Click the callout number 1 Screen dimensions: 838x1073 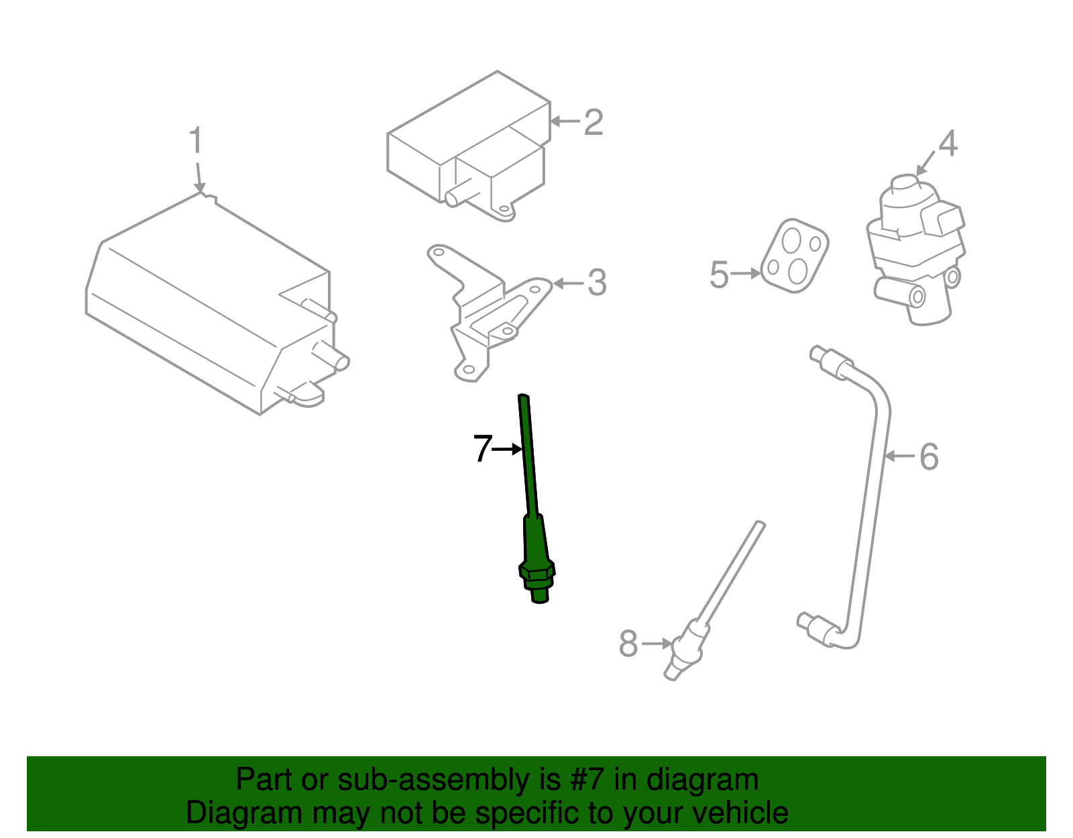(x=195, y=141)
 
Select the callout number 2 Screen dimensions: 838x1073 (x=594, y=123)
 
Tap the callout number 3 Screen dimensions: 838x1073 (x=597, y=283)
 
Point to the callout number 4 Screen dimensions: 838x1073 (x=948, y=144)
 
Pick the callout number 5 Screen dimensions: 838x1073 (x=719, y=275)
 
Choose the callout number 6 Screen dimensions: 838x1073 (x=929, y=457)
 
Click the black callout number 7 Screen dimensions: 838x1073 (x=482, y=449)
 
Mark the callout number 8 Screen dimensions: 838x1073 (x=628, y=644)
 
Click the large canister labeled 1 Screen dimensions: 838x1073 (x=208, y=302)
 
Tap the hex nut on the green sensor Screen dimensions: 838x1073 (x=536, y=572)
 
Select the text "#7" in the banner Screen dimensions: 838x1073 (x=588, y=780)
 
